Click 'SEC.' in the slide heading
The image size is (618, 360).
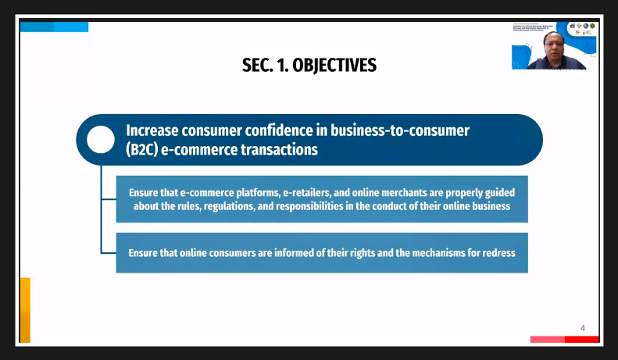tap(256, 66)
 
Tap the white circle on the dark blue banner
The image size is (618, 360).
tap(101, 140)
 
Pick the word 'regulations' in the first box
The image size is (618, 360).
tap(259, 206)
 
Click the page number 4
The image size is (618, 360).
tap(582, 328)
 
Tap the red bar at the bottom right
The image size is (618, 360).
tap(581, 339)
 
